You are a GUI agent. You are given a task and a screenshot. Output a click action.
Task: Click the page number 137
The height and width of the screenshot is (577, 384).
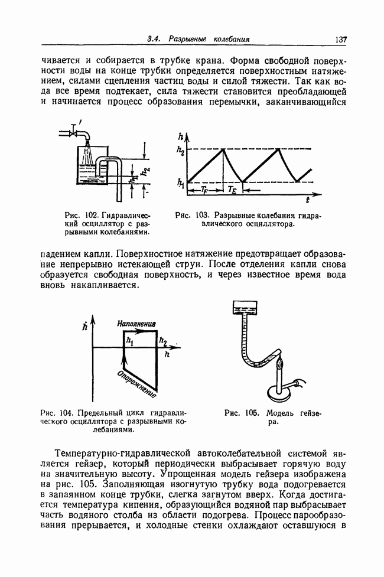point(340,40)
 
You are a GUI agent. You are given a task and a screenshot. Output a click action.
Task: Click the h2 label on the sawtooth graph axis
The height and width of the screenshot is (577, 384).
point(180,151)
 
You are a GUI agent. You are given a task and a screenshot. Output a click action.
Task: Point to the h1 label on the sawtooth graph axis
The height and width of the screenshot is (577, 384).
point(180,182)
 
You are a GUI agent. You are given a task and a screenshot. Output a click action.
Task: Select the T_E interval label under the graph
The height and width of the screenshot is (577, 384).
point(232,190)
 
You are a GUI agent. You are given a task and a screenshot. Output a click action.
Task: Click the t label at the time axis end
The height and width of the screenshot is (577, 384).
point(307,200)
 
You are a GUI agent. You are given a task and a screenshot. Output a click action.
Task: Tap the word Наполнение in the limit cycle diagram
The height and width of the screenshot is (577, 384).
point(136,324)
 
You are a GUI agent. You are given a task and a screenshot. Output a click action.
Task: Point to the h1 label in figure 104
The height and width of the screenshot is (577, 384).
point(129,341)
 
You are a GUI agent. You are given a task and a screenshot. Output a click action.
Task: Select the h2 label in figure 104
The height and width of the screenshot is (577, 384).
point(163,342)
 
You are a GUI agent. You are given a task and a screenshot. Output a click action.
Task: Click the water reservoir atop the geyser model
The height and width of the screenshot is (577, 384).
point(245,307)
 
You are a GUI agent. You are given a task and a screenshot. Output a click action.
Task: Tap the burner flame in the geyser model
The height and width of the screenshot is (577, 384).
point(281,363)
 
